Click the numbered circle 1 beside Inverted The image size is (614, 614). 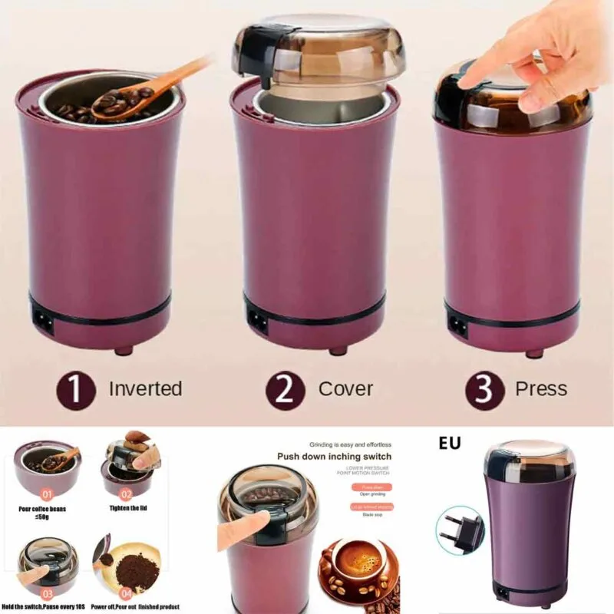pos(75,390)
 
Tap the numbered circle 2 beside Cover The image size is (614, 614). pos(285,390)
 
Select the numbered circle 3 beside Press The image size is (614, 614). pos(484,390)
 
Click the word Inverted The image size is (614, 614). pos(145,389)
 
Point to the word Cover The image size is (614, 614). pos(345,389)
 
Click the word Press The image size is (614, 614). pos(541,389)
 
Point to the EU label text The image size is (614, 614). pos(450,444)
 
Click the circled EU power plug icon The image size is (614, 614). pos(459,530)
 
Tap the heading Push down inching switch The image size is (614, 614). pos(334,457)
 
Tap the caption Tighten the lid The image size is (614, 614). pos(127,508)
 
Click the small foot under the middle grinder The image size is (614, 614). pos(336,351)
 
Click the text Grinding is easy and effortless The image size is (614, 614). pos(350,444)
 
